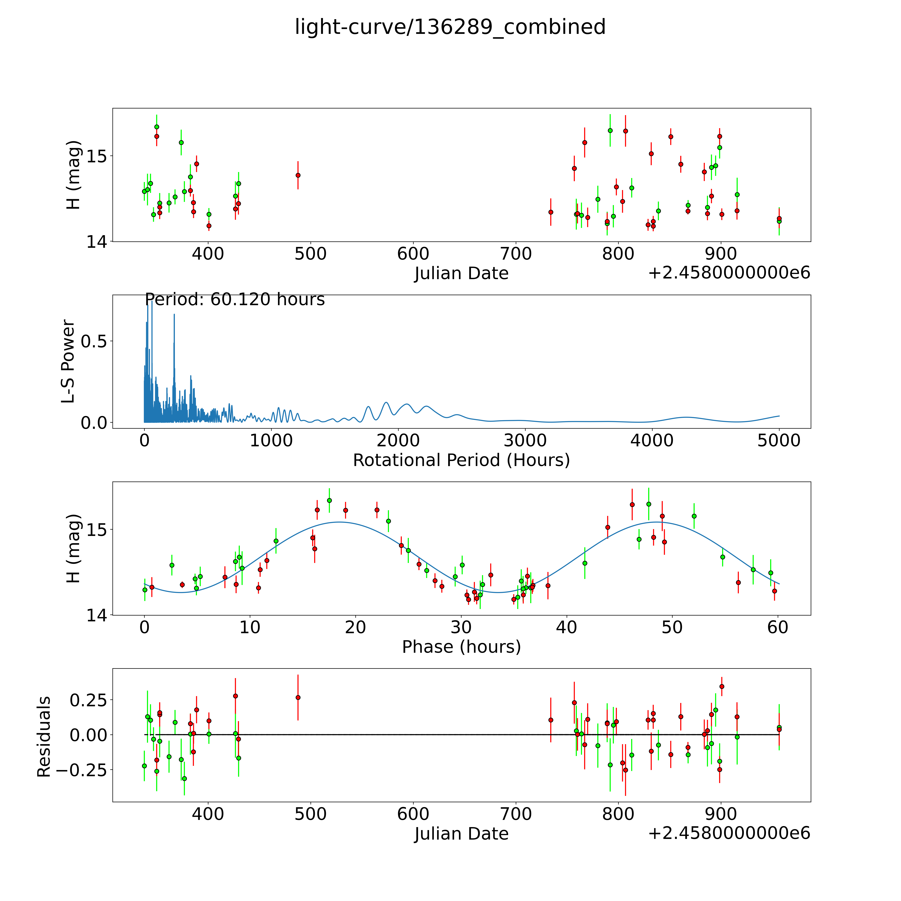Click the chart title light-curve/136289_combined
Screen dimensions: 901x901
[450, 27]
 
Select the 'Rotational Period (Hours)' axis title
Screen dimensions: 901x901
[461, 460]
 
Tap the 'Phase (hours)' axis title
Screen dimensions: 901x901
[461, 647]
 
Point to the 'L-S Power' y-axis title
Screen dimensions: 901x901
[68, 361]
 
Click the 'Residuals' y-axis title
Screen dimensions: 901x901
[44, 737]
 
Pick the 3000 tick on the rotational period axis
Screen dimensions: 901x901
[525, 440]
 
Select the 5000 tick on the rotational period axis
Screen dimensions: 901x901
[779, 440]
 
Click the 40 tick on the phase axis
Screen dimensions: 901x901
[567, 627]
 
